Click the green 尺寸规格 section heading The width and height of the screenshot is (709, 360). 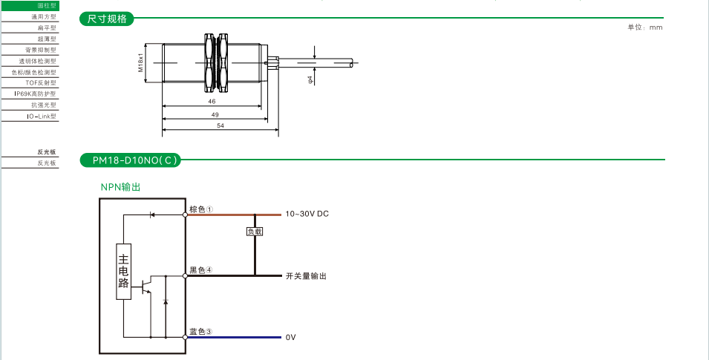click(107, 19)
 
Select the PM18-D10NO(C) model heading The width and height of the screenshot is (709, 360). click(130, 160)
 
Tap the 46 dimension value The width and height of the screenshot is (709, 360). click(212, 101)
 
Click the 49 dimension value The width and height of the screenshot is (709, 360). click(215, 114)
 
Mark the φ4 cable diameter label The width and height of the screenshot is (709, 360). click(310, 78)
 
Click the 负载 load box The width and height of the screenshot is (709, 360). click(255, 232)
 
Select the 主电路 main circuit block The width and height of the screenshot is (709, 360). click(124, 271)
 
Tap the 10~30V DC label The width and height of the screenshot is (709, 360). click(307, 214)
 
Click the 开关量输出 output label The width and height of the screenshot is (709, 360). click(306, 276)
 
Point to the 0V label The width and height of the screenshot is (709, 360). click(291, 338)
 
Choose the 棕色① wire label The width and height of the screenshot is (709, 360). click(201, 209)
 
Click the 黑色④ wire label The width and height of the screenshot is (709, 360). click(201, 270)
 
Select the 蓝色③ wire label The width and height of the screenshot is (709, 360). click(201, 332)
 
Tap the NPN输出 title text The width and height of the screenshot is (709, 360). click(120, 187)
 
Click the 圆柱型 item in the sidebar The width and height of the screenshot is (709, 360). click(47, 6)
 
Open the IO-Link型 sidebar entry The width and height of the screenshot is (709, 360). click(42, 117)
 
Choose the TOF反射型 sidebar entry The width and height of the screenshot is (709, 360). click(41, 83)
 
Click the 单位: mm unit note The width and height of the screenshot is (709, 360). click(644, 27)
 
